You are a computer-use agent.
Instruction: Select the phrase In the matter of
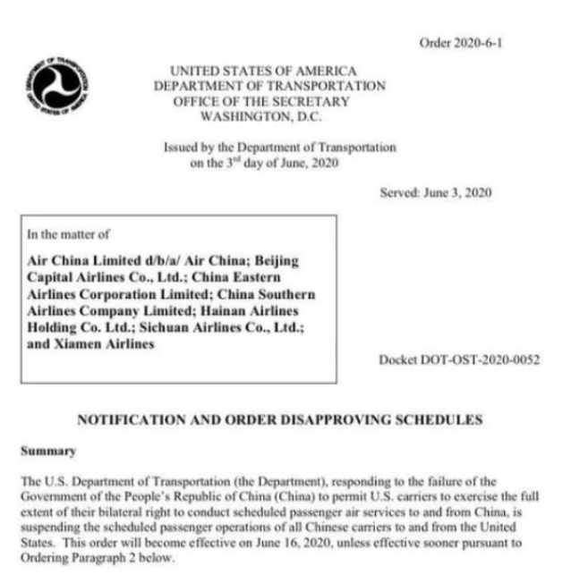[x=69, y=235]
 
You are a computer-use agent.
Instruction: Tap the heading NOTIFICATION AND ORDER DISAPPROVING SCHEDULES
[x=280, y=418]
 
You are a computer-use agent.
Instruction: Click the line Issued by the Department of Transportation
[x=279, y=147]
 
